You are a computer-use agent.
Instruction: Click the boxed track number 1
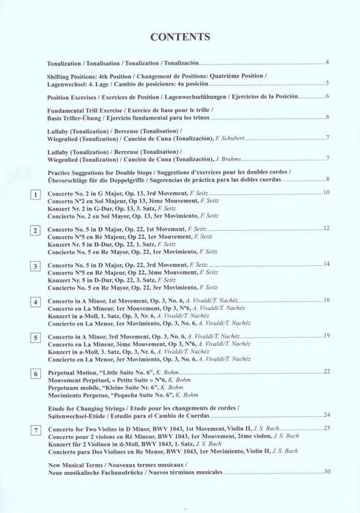35,195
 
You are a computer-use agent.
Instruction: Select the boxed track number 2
35,231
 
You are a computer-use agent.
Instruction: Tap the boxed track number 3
35,266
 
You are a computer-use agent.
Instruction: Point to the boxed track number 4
35,302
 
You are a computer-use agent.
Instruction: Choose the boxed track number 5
35,338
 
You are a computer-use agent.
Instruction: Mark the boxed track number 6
35,374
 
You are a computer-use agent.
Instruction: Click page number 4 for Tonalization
327,62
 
